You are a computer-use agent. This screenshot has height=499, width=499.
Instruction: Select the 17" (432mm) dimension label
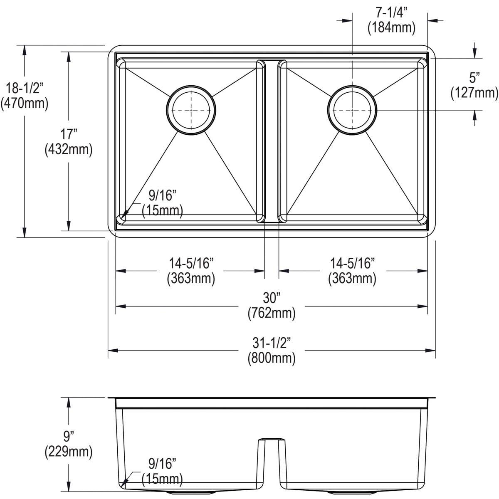68,142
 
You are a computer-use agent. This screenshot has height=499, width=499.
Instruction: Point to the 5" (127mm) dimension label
474,86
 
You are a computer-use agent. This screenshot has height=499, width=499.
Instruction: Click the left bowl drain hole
191,110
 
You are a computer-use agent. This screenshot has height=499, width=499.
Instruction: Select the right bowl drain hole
352,110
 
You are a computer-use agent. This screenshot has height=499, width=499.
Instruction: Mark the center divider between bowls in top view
272,141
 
